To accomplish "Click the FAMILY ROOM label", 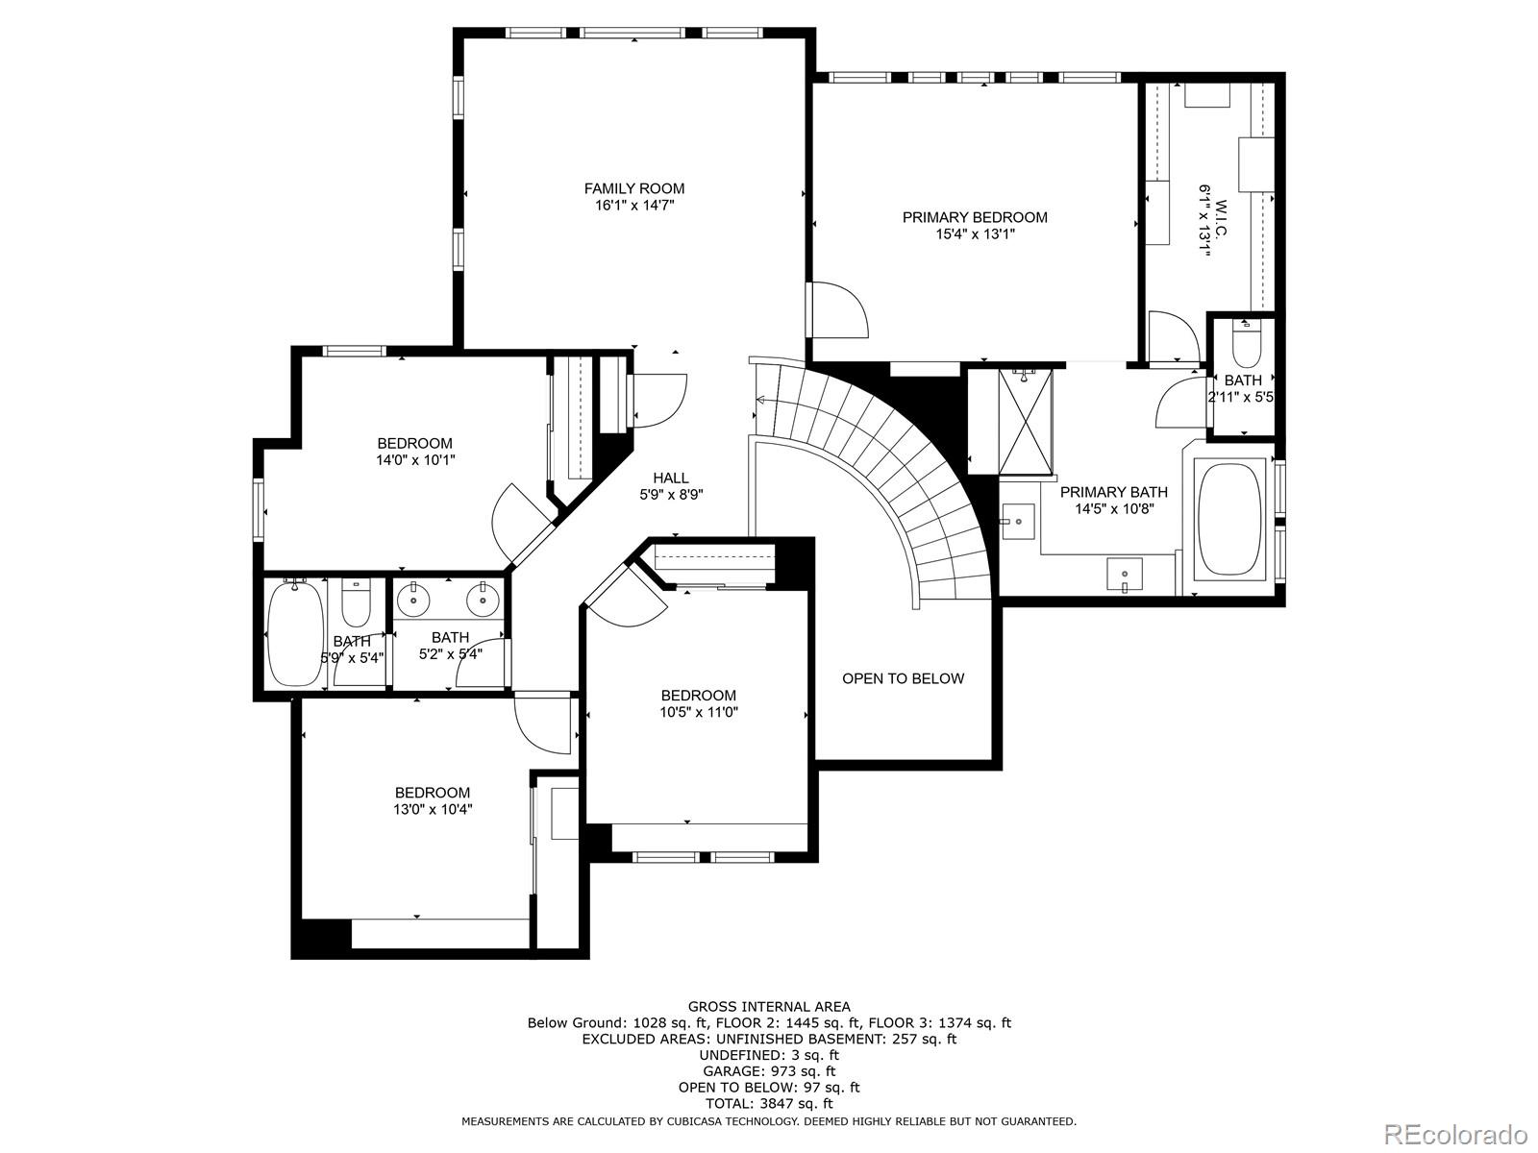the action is (634, 188).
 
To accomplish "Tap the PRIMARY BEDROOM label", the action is (975, 218).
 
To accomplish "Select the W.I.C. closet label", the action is (1221, 218).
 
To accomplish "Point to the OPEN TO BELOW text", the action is (904, 678).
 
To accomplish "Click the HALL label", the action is (671, 478).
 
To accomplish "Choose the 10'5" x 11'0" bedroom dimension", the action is (699, 713).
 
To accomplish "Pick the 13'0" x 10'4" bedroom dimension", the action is (433, 810).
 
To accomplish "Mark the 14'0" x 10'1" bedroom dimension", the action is (415, 460).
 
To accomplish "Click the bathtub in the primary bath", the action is (1230, 519).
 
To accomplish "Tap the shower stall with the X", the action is (1025, 422).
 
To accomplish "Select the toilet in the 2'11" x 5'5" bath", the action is (1247, 344).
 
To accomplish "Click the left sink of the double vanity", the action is (414, 600).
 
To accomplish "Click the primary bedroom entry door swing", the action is (837, 308).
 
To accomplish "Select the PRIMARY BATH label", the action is (1113, 492).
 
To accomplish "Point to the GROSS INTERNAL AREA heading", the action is (769, 1007).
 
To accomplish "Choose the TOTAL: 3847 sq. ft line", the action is (769, 1103).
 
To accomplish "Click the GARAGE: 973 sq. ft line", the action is (769, 1071).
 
